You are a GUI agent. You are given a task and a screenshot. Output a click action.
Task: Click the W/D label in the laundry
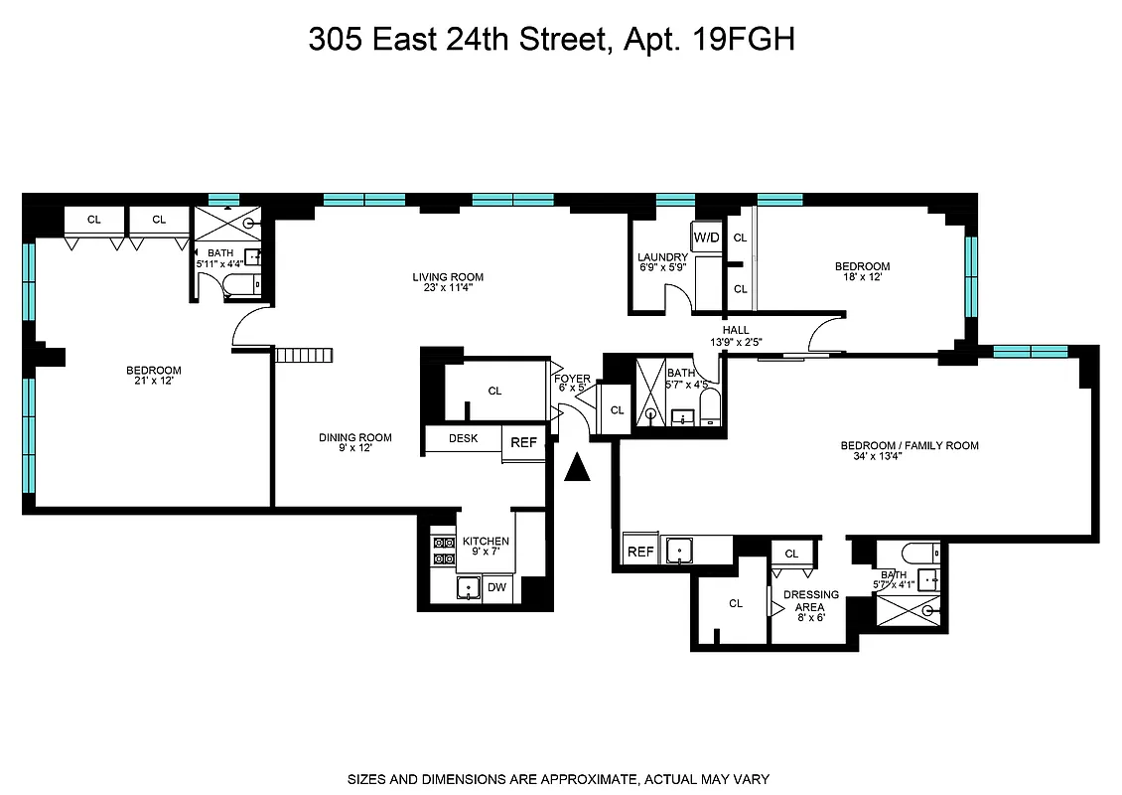click(707, 238)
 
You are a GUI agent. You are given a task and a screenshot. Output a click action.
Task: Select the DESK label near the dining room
click(464, 438)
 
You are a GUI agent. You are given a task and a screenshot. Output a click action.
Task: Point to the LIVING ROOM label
click(448, 277)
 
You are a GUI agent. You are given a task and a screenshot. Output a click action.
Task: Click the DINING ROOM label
click(354, 437)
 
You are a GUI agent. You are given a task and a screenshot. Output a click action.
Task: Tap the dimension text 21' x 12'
click(153, 382)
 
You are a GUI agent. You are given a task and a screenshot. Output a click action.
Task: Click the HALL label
click(736, 330)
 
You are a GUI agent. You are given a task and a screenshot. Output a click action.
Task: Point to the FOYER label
click(573, 379)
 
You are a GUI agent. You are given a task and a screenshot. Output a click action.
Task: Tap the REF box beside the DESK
click(523, 443)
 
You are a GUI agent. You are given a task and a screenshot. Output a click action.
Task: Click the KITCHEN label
click(486, 542)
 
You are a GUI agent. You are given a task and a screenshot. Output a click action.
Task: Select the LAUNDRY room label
click(662, 258)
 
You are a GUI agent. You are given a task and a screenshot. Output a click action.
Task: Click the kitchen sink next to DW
click(468, 588)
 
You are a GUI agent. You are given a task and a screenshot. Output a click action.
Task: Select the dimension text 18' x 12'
click(862, 278)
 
